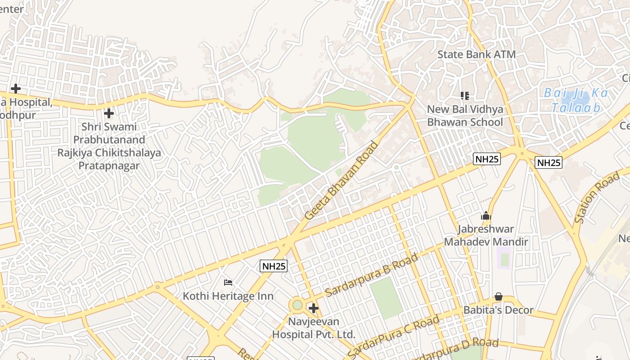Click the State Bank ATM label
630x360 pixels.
(477, 54)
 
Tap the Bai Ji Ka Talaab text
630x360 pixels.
(576, 100)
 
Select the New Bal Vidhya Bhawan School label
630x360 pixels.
(465, 116)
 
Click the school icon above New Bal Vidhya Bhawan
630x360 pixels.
(465, 95)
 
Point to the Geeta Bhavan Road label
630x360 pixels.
(342, 180)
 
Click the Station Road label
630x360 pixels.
(597, 198)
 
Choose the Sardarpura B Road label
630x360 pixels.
(372, 274)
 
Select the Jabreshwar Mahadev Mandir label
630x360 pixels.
(486, 235)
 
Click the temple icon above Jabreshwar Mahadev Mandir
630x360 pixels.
(486, 216)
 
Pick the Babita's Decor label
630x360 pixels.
(498, 310)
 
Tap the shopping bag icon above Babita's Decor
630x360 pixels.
(498, 297)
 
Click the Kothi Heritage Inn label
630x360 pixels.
(228, 296)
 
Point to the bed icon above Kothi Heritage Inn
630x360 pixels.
(228, 283)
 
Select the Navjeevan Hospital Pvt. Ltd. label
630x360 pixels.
(314, 328)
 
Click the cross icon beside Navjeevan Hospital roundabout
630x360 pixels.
(314, 308)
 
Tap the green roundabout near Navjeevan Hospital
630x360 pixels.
(297, 305)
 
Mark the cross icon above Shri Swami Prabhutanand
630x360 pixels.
(108, 113)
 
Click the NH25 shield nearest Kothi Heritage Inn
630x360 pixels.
(274, 266)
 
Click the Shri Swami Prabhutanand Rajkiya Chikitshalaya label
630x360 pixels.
(109, 146)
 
